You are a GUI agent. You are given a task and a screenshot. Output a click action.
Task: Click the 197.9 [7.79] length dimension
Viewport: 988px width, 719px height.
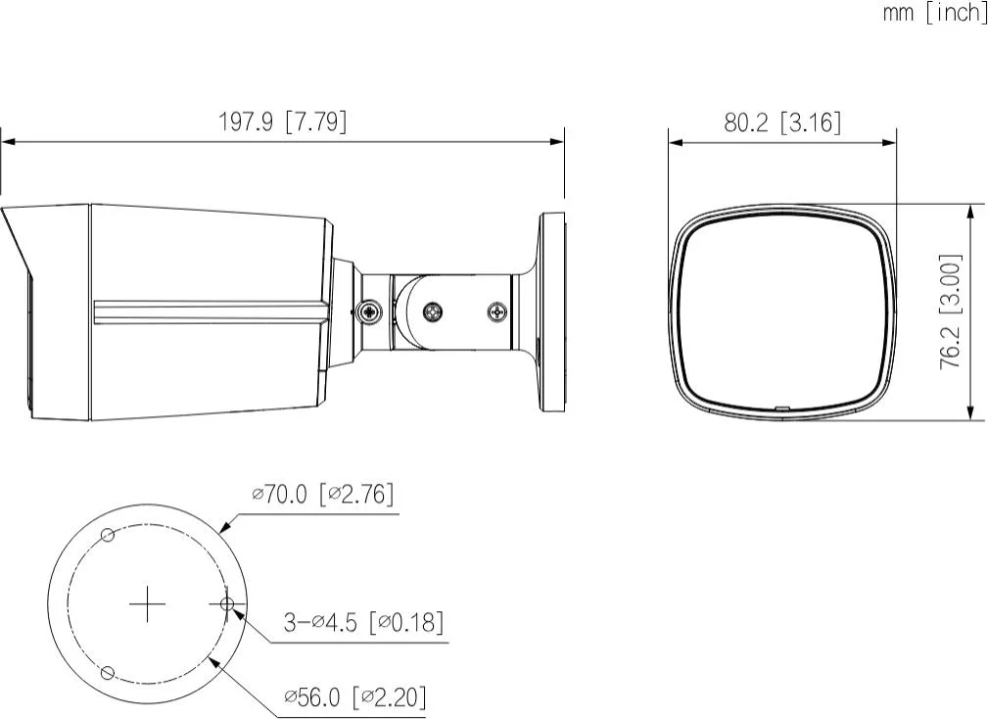pyautogui.click(x=281, y=121)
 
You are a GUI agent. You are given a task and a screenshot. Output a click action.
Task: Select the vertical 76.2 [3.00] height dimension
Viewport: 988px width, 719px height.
pyautogui.click(x=950, y=312)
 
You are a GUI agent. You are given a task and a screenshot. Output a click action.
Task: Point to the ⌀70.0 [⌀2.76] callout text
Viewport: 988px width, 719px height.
pyautogui.click(x=324, y=495)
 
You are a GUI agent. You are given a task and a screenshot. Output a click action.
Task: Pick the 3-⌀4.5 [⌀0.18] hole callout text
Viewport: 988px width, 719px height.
pyautogui.click(x=362, y=621)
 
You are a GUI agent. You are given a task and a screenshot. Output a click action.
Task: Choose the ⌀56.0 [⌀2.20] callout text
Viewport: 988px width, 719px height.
pyautogui.click(x=354, y=696)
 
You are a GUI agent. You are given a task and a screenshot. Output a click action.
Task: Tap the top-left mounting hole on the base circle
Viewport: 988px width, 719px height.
pyautogui.click(x=109, y=535)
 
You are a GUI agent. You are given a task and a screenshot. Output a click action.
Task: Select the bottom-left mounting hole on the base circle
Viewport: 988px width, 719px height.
pyautogui.click(x=109, y=673)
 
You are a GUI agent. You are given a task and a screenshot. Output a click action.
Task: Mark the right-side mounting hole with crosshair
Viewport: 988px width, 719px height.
pyautogui.click(x=227, y=604)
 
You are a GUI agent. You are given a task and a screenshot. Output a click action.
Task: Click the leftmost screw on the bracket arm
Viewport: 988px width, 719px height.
pyautogui.click(x=368, y=312)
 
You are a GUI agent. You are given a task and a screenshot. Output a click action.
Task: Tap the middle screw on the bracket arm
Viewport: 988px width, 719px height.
pyautogui.click(x=433, y=312)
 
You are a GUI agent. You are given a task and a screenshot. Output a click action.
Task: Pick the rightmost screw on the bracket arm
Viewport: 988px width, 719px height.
pyautogui.click(x=497, y=312)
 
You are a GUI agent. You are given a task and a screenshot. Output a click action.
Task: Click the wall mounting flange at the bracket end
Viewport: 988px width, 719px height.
pyautogui.click(x=553, y=312)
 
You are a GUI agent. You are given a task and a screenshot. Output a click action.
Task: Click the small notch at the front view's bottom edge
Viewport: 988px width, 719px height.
pyautogui.click(x=780, y=408)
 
